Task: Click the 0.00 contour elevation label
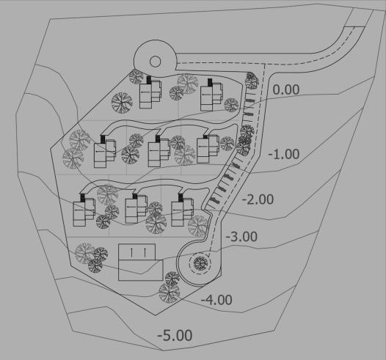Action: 286,89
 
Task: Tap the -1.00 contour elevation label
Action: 283,154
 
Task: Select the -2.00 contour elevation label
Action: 258,199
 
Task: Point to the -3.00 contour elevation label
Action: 241,237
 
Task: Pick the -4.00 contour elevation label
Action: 216,300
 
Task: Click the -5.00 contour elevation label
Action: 175,335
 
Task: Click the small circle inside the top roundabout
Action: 155,62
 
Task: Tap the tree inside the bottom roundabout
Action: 200,263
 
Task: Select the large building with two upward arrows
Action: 141,262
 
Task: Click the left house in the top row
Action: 150,92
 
